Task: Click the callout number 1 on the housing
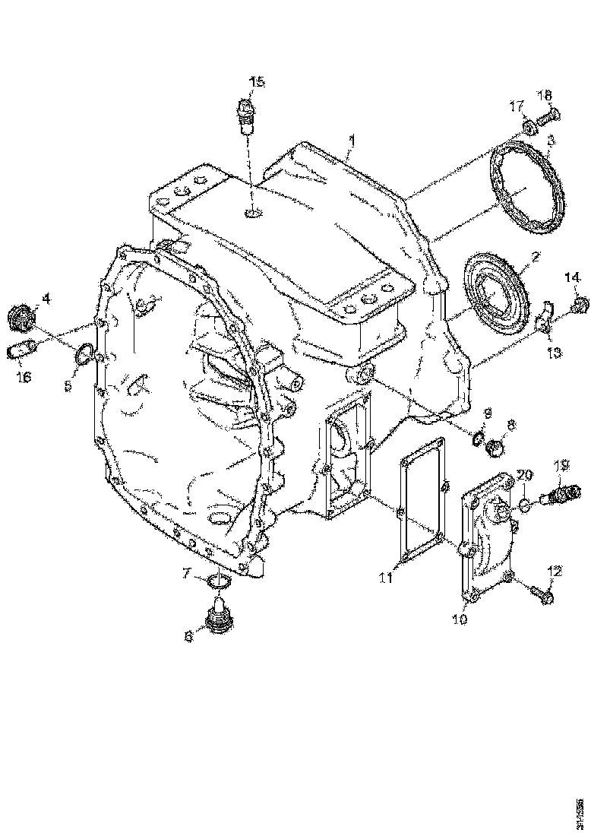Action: pyautogui.click(x=351, y=140)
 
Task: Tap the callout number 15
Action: pyautogui.click(x=256, y=81)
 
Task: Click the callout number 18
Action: pyautogui.click(x=546, y=95)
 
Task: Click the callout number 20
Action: pyautogui.click(x=523, y=474)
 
